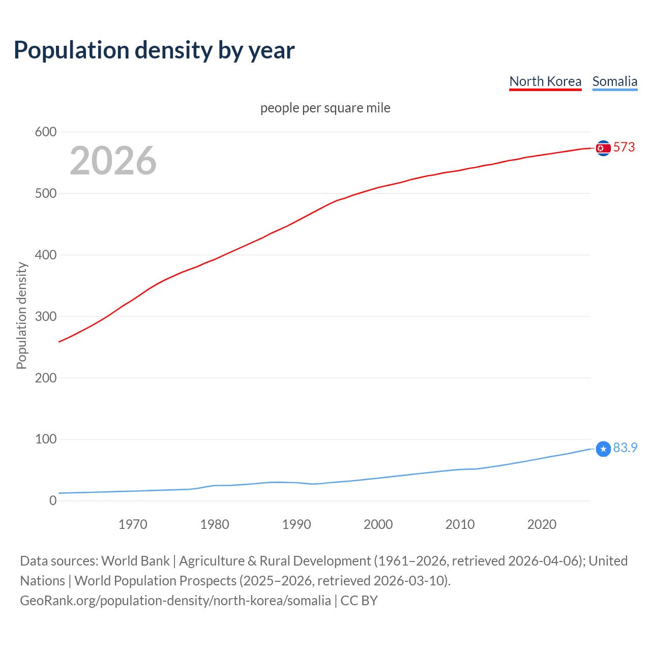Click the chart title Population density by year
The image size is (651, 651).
tap(154, 50)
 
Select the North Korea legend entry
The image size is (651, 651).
tap(545, 81)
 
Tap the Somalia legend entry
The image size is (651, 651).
tap(614, 81)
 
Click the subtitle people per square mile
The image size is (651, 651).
tap(325, 108)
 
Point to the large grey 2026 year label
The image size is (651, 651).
tap(113, 161)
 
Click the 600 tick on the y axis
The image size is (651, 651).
tap(45, 132)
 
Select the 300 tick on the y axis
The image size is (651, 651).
tap(45, 316)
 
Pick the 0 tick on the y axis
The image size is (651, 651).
tap(53, 500)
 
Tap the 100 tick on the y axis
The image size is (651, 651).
tap(45, 439)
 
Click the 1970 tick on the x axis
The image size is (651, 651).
tap(133, 524)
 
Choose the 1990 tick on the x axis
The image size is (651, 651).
tap(297, 524)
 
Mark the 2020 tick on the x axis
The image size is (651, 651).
tap(542, 524)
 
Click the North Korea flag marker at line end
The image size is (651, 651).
tap(603, 148)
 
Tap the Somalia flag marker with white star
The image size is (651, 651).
tap(603, 449)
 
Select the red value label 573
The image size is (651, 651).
tap(624, 147)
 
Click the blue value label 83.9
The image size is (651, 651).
tap(625, 448)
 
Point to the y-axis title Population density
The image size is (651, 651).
tap(21, 315)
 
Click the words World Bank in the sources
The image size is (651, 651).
tap(135, 561)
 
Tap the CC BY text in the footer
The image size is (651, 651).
tap(359, 601)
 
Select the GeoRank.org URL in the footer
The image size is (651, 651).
tap(175, 601)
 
